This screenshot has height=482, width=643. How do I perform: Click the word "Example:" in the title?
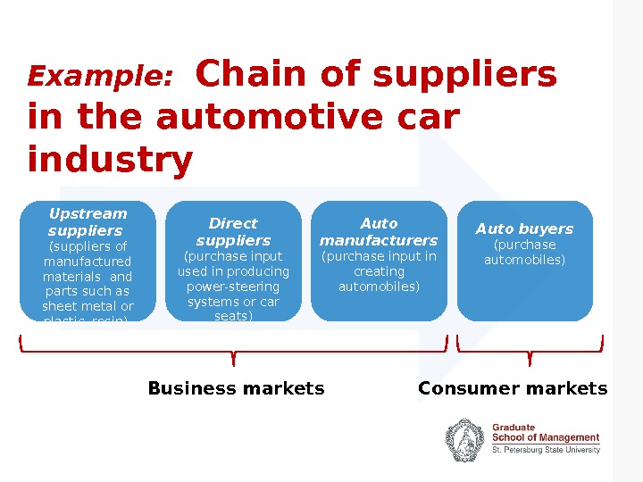tap(100, 78)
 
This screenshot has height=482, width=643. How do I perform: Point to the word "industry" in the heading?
tap(110, 161)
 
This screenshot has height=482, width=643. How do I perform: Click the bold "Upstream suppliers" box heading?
tap(88, 222)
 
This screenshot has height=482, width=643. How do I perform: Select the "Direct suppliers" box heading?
tap(233, 231)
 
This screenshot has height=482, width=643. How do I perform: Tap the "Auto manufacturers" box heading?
tap(379, 231)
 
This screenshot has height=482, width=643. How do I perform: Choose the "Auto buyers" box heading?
tap(524, 229)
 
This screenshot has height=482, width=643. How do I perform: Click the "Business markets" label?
tap(236, 388)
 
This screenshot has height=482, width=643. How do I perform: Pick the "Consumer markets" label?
tap(513, 388)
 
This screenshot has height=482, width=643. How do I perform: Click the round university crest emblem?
tap(465, 440)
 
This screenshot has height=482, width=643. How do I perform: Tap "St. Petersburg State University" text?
tap(546, 451)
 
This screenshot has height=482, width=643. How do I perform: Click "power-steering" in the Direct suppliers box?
tap(233, 287)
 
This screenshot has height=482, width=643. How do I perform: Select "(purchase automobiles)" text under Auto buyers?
tap(525, 253)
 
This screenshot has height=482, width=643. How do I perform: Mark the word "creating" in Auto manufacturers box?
tap(379, 271)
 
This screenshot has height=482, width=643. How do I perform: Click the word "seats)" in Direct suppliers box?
tap(233, 316)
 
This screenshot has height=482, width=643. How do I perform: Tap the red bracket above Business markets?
tap(233, 350)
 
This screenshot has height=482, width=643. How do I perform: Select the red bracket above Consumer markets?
tap(530, 350)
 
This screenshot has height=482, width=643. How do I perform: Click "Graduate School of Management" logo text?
tap(546, 433)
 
